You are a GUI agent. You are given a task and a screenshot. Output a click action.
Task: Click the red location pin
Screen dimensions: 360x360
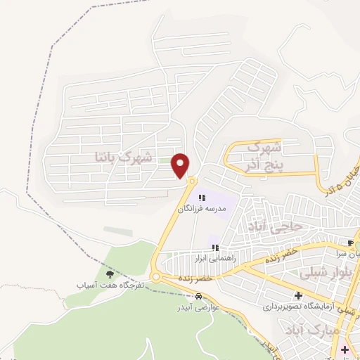(181, 165)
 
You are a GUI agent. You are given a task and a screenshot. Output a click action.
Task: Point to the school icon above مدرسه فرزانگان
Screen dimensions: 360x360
(202, 198)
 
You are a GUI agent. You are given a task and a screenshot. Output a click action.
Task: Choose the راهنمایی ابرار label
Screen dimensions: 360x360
(216, 259)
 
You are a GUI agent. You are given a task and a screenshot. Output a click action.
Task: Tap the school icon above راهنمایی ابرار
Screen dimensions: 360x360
(216, 247)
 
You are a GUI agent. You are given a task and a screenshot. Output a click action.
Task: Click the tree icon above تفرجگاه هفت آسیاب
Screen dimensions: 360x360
(109, 274)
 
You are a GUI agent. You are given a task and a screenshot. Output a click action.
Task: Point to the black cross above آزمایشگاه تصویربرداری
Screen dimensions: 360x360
(299, 295)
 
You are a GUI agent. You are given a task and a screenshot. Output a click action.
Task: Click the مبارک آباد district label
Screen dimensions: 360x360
(334, 330)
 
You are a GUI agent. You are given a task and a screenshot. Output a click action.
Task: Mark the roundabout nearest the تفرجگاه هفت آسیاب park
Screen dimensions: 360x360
(155, 278)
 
